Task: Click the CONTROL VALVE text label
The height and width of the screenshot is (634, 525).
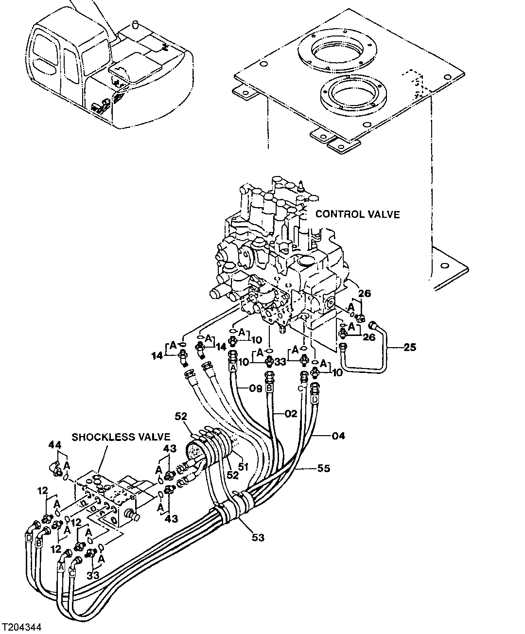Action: (357, 214)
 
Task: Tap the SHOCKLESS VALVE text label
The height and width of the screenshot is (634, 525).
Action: (121, 437)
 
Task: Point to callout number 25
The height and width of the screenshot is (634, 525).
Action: (409, 347)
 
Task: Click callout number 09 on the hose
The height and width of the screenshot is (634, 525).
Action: (255, 388)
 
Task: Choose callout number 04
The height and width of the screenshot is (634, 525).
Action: (338, 436)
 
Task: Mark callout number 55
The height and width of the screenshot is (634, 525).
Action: (324, 468)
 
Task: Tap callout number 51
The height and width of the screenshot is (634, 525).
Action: (243, 466)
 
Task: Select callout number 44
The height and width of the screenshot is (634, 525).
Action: (55, 444)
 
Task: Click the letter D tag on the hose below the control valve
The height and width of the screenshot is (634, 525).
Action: (315, 400)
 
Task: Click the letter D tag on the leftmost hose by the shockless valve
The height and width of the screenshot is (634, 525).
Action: (29, 538)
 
